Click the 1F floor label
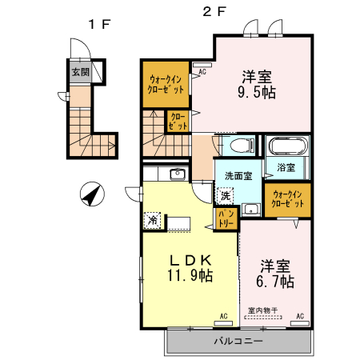coord(98,24)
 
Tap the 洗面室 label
coord(238,176)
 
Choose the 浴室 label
coord(286,167)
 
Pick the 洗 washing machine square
coord(226,194)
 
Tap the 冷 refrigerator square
coord(151,219)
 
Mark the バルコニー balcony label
coord(238,342)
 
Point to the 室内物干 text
coord(262,310)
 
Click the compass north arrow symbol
coord(93,194)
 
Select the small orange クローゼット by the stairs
coord(178,122)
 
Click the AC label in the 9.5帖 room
coord(202,71)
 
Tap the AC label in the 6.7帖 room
coord(300,317)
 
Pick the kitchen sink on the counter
coord(178,174)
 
